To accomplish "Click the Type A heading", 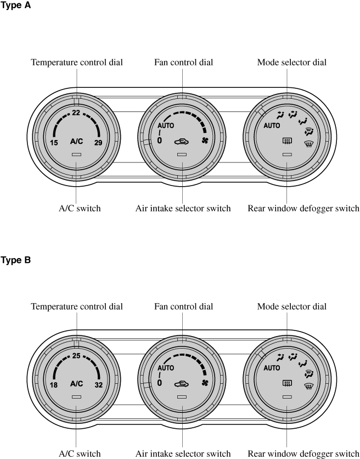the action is click(x=15, y=5).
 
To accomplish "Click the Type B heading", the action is click(x=15, y=260).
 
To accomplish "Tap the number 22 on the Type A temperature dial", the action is click(x=76, y=113).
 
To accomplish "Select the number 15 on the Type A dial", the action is click(x=54, y=143).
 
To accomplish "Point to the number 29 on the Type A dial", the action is click(x=98, y=143).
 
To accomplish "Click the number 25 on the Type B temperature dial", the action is click(x=76, y=356).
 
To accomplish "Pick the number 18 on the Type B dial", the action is click(x=54, y=385).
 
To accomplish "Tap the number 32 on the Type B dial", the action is click(x=99, y=385).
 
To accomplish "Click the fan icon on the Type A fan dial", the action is click(x=205, y=141).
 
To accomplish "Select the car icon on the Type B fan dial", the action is click(x=182, y=384).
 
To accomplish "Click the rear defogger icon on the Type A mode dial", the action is click(x=287, y=142).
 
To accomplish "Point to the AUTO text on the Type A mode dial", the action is click(x=272, y=126).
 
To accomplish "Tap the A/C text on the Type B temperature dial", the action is click(x=76, y=384).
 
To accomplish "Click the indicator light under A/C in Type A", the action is click(x=76, y=154).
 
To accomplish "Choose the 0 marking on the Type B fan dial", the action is click(x=160, y=383).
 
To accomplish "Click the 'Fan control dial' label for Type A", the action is click(x=183, y=63).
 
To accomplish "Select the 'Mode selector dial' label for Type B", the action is click(x=292, y=306).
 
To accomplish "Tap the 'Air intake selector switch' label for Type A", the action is click(x=183, y=209).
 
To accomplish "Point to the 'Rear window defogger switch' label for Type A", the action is click(x=303, y=209).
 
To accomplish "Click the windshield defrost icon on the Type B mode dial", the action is click(x=308, y=386).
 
